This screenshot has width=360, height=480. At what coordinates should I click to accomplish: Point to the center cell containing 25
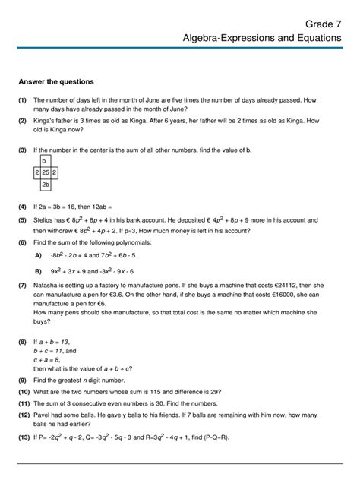[x=46, y=173]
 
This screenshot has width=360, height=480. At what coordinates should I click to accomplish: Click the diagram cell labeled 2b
[x=46, y=185]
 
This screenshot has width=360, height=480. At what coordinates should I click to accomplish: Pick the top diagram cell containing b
[x=45, y=162]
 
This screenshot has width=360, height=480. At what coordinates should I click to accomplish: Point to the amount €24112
[x=293, y=289]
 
